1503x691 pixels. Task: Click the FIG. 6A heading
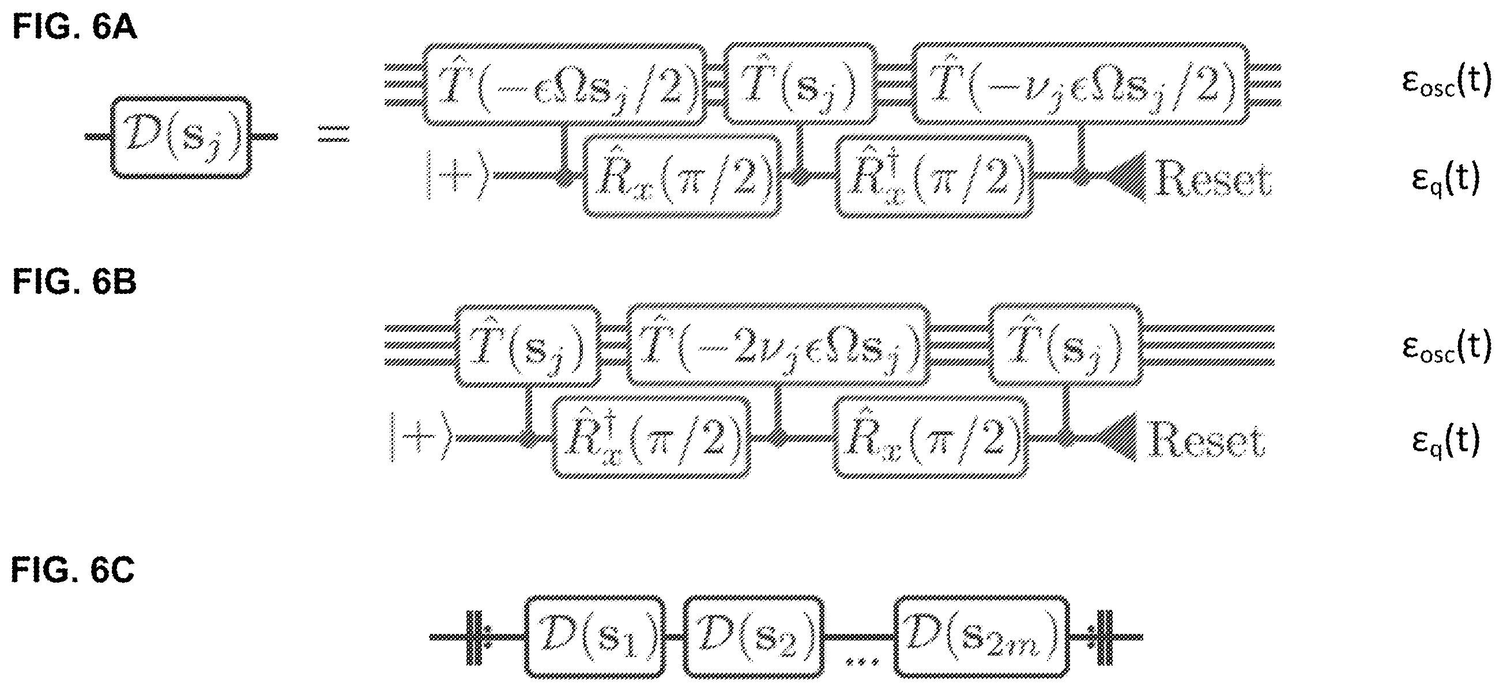tap(75, 28)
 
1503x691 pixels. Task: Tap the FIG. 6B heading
tap(75, 282)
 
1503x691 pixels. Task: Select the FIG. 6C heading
tap(74, 569)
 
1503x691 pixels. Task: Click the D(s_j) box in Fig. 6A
tap(181, 138)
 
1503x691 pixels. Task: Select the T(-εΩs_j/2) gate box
tap(564, 84)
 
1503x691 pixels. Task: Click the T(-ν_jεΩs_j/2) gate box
tap(1080, 84)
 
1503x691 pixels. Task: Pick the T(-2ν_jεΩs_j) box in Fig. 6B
tap(778, 345)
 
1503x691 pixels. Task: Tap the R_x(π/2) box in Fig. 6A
tap(682, 176)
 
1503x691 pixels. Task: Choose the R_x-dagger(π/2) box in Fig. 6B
tap(651, 437)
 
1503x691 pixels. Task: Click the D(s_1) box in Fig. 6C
tap(594, 637)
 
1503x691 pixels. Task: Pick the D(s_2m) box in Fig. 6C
tap(981, 637)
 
